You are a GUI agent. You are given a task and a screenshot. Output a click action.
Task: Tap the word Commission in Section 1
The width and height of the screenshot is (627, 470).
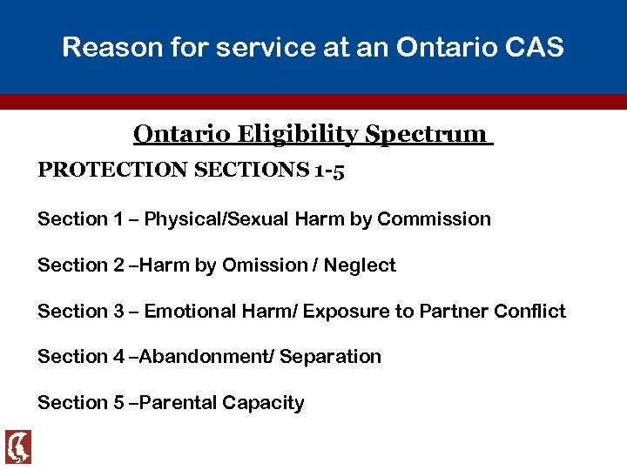pyautogui.click(x=435, y=219)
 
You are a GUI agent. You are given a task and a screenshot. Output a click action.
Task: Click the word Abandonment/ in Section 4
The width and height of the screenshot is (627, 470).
pyautogui.click(x=203, y=357)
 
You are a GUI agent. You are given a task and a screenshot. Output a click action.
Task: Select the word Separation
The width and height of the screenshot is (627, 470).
pyautogui.click(x=331, y=357)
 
